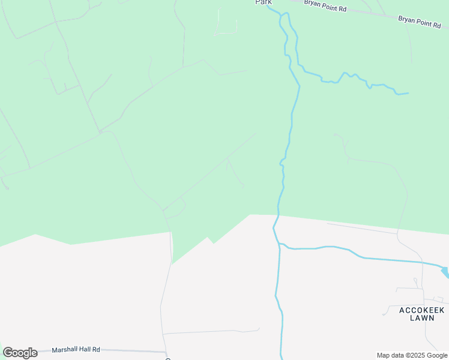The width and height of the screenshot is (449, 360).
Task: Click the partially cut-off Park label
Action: click(264, 2)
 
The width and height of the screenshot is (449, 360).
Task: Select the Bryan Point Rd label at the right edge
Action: click(420, 22)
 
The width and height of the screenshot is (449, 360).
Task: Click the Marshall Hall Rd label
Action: click(76, 349)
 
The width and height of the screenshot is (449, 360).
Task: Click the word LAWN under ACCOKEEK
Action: click(422, 317)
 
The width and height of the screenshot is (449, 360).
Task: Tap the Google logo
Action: click(20, 353)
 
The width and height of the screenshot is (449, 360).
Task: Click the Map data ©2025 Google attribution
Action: click(412, 355)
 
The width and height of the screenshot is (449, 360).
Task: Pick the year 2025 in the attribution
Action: click(417, 355)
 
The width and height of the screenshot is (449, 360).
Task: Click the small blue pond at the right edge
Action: click(445, 272)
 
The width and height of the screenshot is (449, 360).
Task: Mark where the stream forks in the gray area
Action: click(279, 244)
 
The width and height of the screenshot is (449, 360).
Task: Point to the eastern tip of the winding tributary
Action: click(408, 93)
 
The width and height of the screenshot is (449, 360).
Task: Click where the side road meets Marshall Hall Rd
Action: click(165, 352)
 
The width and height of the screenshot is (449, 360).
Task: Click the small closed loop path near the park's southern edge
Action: click(175, 209)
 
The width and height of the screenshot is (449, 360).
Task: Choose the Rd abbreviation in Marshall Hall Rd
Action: click(96, 349)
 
